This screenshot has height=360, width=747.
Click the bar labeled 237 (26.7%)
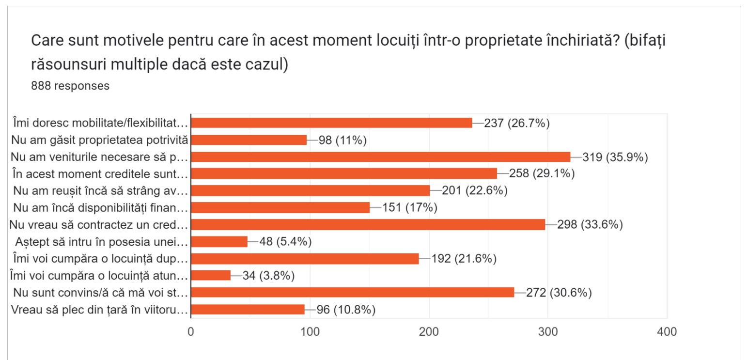(x=331, y=123)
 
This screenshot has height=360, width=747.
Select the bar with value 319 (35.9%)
(x=380, y=157)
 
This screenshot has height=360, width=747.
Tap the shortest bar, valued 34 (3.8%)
(x=211, y=275)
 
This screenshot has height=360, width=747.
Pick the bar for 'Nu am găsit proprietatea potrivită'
(x=249, y=140)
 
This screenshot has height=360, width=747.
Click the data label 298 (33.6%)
(x=590, y=224)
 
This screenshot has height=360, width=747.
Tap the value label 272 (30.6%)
(x=559, y=293)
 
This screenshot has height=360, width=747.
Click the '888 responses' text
(x=70, y=86)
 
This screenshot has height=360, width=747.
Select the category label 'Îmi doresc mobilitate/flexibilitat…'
(x=99, y=123)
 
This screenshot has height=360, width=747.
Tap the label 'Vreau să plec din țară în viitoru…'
(x=99, y=310)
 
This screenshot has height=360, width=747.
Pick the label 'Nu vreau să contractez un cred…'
(x=100, y=224)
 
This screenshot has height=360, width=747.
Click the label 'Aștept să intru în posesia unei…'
(x=101, y=242)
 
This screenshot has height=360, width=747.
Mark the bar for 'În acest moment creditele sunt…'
(x=344, y=173)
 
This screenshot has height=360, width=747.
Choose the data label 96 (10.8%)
(x=346, y=310)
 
